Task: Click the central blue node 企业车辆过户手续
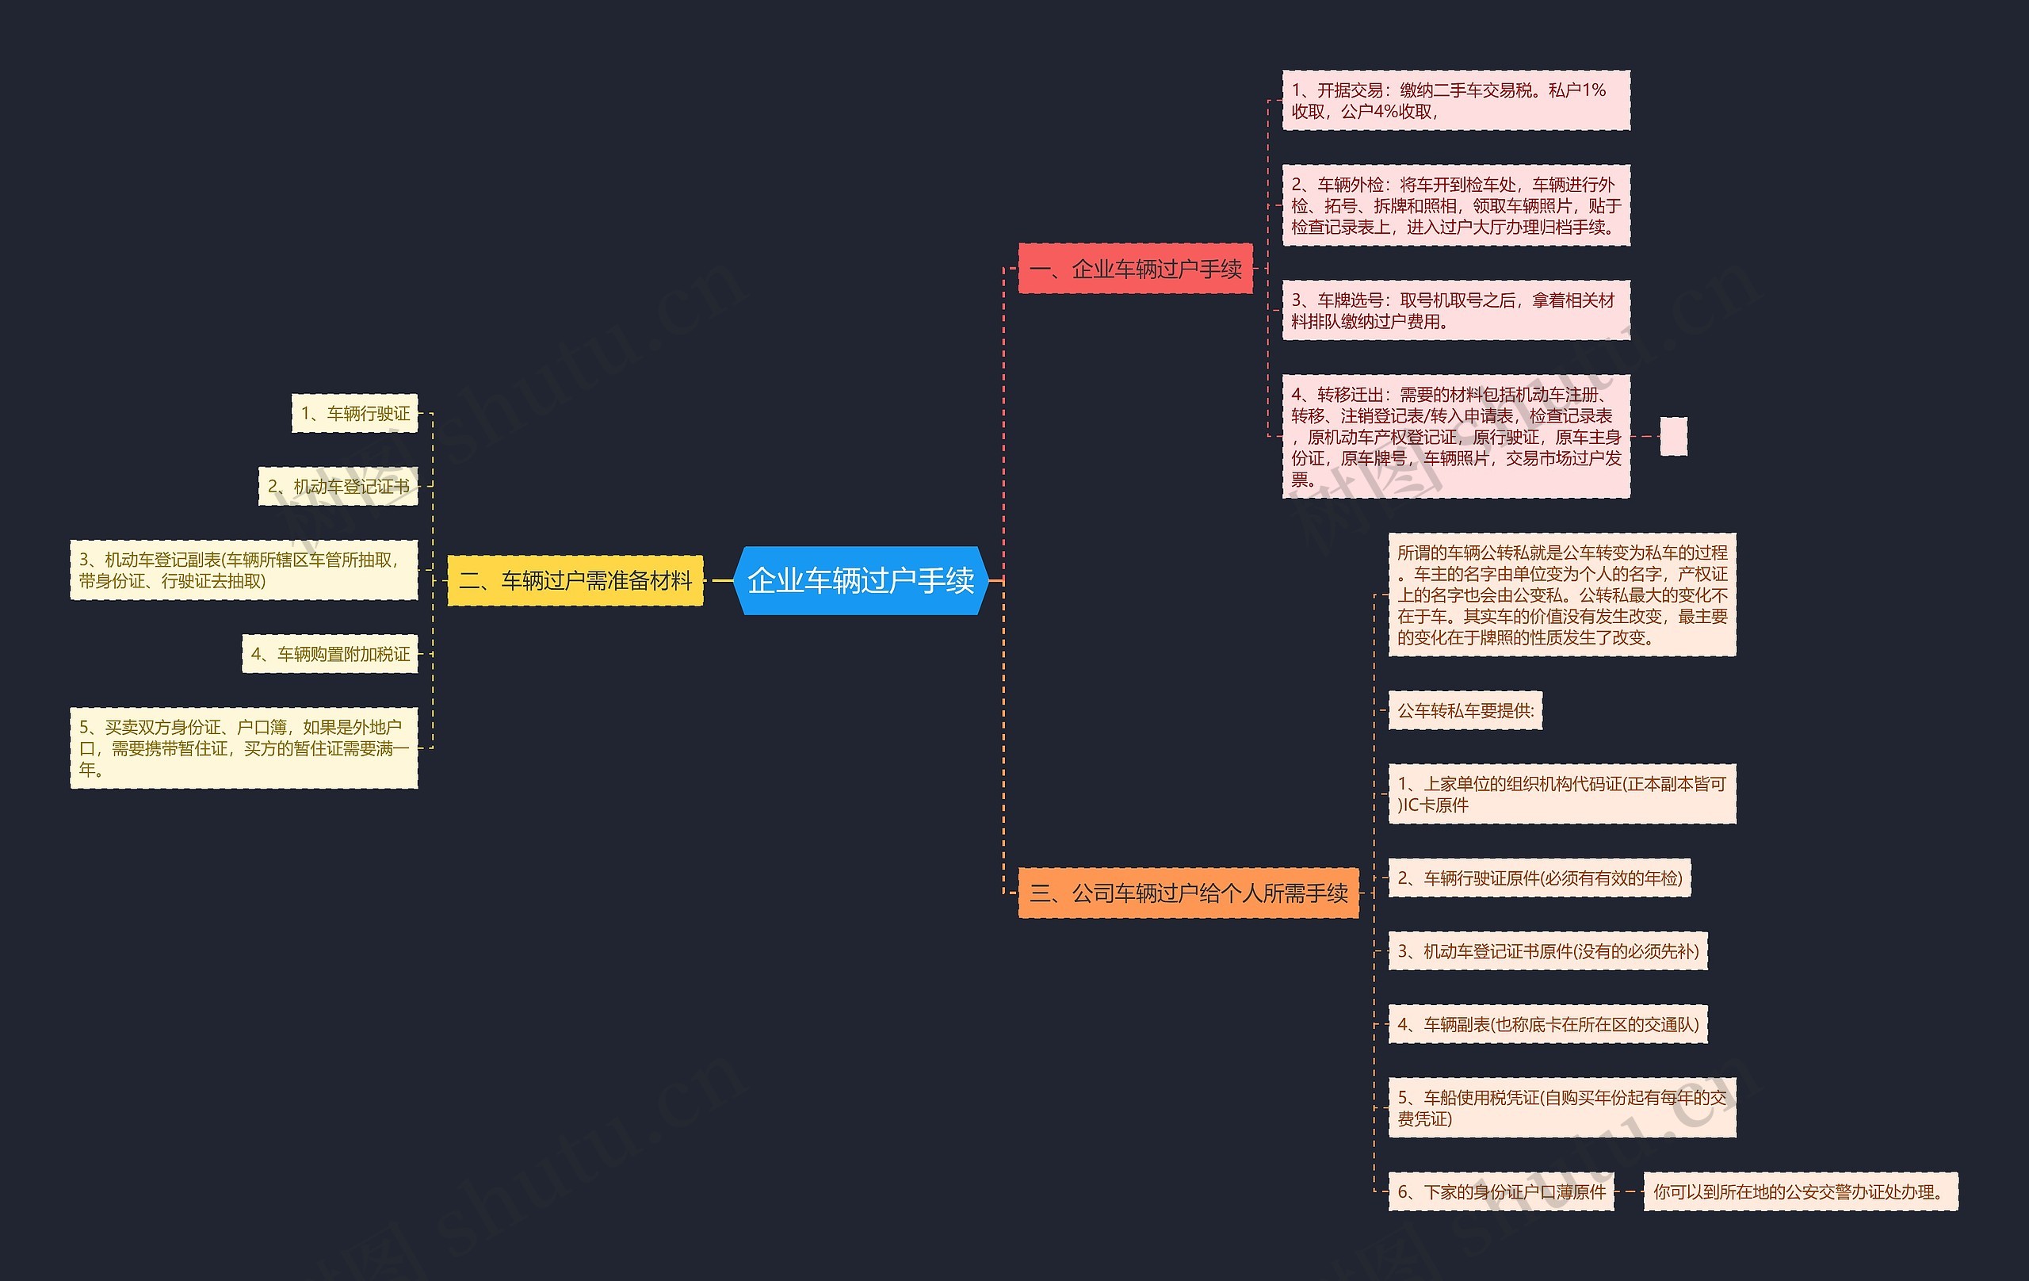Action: pos(860,581)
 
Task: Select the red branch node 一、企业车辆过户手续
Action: pos(1135,269)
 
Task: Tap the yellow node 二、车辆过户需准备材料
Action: pos(575,581)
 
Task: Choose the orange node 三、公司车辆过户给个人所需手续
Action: pos(1188,893)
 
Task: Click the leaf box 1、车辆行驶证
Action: pos(355,413)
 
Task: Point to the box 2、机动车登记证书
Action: pos(338,486)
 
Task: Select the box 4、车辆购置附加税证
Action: pos(331,654)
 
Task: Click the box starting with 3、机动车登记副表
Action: pos(243,571)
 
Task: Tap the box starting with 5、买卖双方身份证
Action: pos(243,748)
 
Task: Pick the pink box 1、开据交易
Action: pos(1455,101)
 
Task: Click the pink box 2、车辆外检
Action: pos(1455,205)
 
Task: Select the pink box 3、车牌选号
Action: pos(1455,310)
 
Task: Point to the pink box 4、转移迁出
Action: pos(1455,437)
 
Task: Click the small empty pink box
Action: pos(1672,437)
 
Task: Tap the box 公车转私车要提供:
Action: pos(1465,710)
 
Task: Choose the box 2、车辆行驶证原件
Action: pos(1538,878)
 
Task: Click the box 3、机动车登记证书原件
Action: pos(1547,951)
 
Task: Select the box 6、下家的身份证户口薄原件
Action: pos(1500,1191)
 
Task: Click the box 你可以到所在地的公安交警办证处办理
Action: pos(1800,1191)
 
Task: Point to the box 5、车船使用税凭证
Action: pos(1561,1107)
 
